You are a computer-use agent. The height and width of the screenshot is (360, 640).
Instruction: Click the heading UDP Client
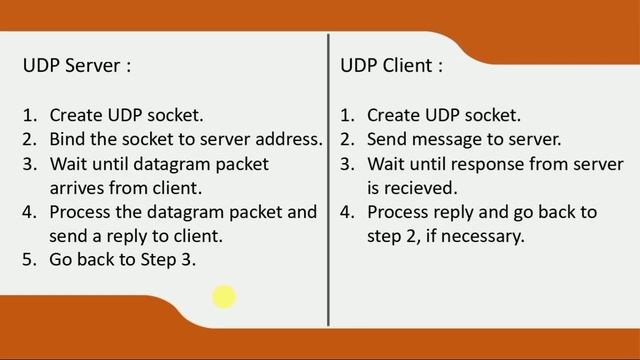[x=390, y=66]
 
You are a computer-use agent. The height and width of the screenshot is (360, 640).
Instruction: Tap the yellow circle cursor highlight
[x=223, y=296]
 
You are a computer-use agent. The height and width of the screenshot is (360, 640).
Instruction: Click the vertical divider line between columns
[x=328, y=180]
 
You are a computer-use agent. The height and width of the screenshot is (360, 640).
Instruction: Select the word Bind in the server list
[x=67, y=139]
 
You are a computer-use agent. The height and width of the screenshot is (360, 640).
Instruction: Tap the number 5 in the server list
[x=28, y=259]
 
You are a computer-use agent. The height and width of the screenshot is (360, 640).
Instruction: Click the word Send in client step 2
[x=388, y=139]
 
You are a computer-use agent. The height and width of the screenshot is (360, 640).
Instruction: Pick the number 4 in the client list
[x=346, y=212]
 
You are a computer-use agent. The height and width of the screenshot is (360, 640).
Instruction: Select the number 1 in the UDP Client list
[x=346, y=115]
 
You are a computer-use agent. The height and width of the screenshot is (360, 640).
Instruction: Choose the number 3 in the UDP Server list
[x=28, y=163]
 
